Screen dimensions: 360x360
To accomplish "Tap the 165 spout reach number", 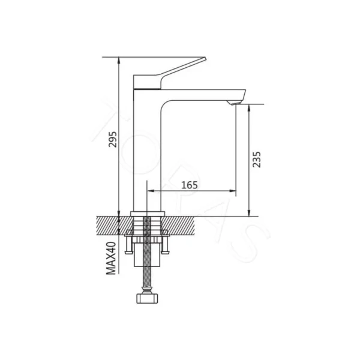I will tap(189, 185).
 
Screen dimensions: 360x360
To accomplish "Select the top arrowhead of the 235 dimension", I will tap(248, 107).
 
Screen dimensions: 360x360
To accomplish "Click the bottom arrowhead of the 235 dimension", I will tap(248, 212).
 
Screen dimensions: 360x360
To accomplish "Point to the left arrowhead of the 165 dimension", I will tap(151, 192).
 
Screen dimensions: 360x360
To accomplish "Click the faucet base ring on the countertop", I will tap(147, 213).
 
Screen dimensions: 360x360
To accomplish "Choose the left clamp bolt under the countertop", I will tap(128, 246).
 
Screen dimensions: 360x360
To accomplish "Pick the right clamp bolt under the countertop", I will tap(166, 246).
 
